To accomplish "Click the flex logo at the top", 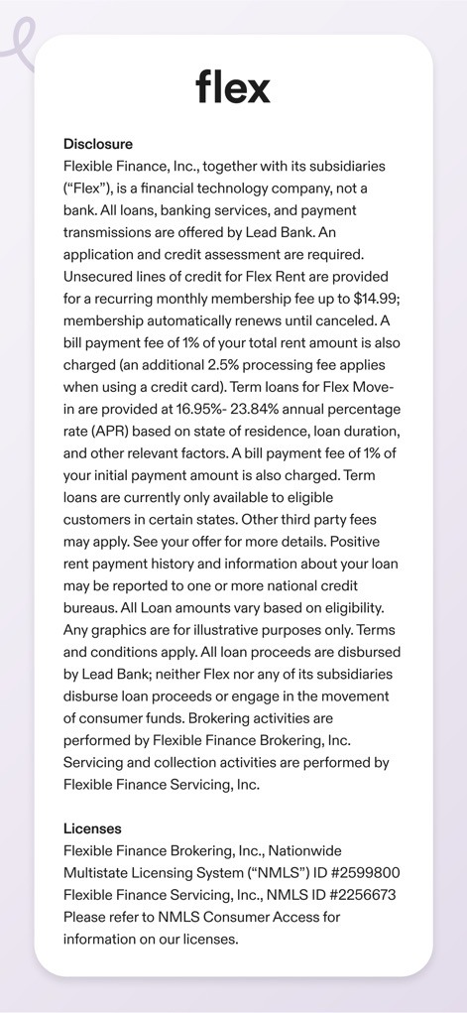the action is tap(233, 86).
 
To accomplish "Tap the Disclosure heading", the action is tap(97, 144).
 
